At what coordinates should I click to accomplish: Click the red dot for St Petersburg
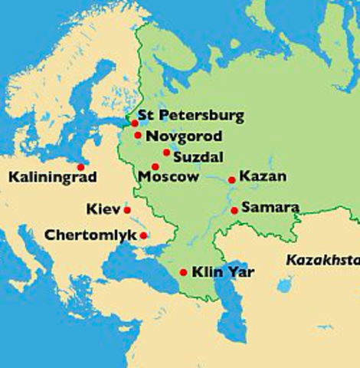(x=134, y=123)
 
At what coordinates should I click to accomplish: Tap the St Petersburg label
(x=191, y=117)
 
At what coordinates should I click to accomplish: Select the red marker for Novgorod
(x=138, y=136)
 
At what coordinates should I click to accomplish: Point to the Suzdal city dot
(x=166, y=153)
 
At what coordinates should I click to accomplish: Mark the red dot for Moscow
(x=155, y=166)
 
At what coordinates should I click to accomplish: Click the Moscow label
(x=169, y=177)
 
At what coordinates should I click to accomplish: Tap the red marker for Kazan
(x=232, y=180)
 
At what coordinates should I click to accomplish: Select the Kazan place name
(x=263, y=176)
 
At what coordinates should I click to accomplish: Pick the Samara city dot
(x=234, y=210)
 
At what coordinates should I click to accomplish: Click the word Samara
(x=269, y=207)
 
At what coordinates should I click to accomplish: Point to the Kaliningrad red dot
(x=80, y=166)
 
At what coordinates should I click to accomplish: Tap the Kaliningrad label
(x=52, y=179)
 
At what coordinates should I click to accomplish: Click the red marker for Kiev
(x=127, y=210)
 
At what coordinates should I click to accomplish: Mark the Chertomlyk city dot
(x=143, y=235)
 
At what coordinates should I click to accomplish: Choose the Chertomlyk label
(x=90, y=234)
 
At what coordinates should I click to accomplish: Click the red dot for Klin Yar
(x=183, y=272)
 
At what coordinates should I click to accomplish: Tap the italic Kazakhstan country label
(x=322, y=260)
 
